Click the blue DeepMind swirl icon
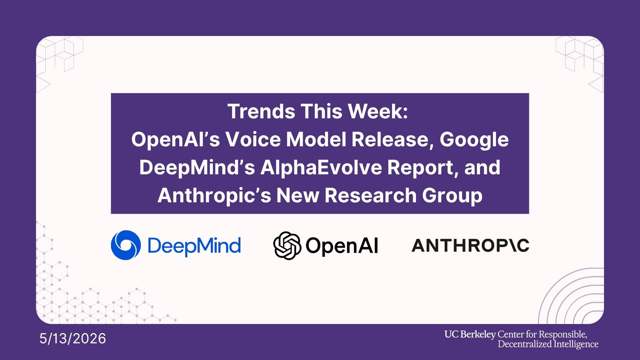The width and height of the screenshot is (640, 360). click(x=126, y=245)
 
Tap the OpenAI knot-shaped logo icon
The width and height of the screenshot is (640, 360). click(x=287, y=246)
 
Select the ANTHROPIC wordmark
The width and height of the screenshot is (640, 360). click(x=470, y=245)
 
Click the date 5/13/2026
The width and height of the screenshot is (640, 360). click(x=73, y=339)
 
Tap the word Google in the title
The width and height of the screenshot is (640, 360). click(x=474, y=140)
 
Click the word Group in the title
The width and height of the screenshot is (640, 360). click(x=452, y=196)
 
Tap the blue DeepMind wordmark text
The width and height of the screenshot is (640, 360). click(x=194, y=246)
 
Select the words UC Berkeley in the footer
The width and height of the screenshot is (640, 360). click(x=470, y=334)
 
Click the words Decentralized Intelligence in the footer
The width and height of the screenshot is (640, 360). click(x=548, y=344)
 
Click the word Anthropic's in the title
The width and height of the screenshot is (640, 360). click(x=214, y=196)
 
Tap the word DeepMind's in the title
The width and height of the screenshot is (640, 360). click(x=197, y=168)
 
